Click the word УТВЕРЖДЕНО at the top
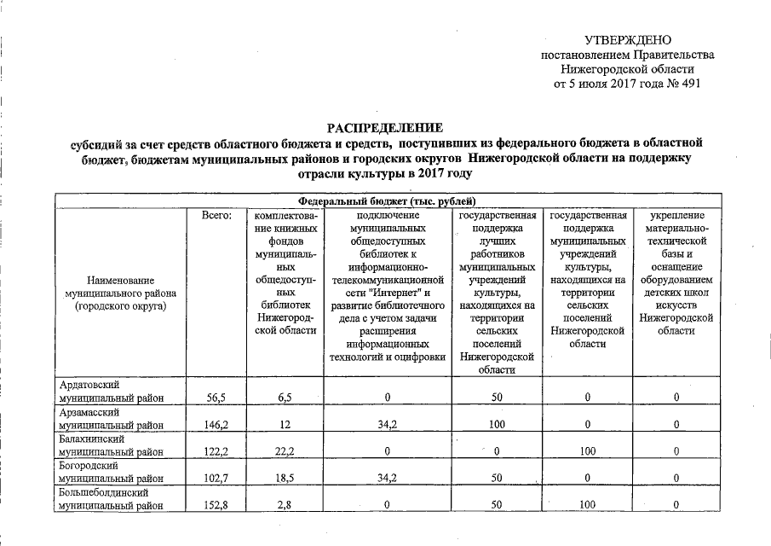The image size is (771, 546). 628,41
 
